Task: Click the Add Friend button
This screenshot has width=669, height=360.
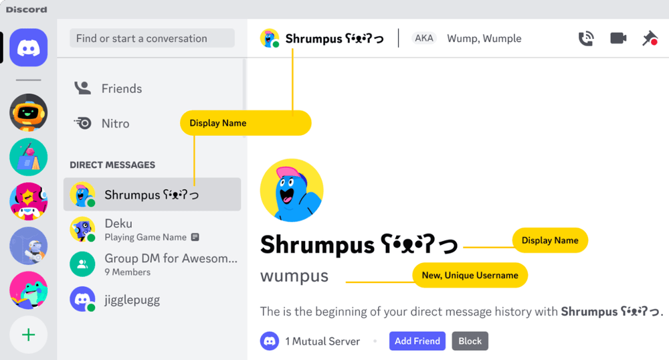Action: coord(417,341)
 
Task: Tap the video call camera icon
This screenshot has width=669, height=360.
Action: coord(618,39)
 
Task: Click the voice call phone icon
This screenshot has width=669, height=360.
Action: coord(586,39)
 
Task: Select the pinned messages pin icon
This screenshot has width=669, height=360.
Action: coord(650,39)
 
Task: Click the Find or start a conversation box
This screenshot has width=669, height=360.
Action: coord(152,38)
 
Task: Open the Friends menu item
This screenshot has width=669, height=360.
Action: coord(121,88)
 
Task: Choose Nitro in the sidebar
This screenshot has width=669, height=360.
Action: coord(115,123)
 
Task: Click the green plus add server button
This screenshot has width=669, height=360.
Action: coord(28,335)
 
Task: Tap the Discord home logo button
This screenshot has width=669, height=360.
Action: coord(28,48)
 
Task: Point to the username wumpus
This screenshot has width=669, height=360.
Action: coord(294,276)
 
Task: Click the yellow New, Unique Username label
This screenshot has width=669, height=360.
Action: coord(470,275)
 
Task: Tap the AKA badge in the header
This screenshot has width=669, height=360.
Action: coord(423,38)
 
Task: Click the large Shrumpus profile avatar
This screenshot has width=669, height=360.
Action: coord(291,191)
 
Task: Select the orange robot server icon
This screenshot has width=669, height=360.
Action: coord(28,112)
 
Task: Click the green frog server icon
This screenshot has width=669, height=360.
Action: coord(28,290)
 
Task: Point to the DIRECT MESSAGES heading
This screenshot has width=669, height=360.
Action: coord(112,165)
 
